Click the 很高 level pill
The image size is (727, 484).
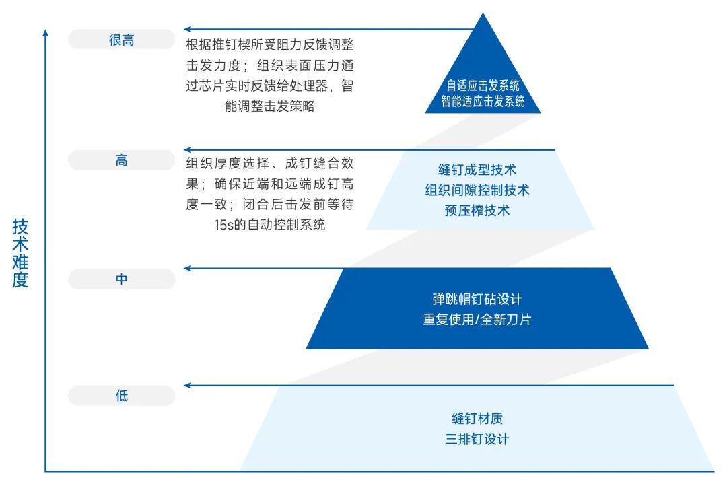pos(121,40)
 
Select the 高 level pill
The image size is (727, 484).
pos(121,161)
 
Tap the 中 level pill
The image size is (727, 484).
pos(121,279)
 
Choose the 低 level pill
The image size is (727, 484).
pos(121,396)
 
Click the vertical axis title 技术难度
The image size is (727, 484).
pos(20,253)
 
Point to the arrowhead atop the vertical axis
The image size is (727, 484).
pos(45,32)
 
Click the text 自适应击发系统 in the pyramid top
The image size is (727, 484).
pos(483,86)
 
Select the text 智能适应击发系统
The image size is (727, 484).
pos(483,102)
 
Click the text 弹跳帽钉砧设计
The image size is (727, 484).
pos(477,299)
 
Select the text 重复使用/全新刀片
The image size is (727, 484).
pos(477,319)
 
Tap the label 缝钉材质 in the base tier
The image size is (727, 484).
pos(477,419)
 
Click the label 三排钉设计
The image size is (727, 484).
pos(477,439)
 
